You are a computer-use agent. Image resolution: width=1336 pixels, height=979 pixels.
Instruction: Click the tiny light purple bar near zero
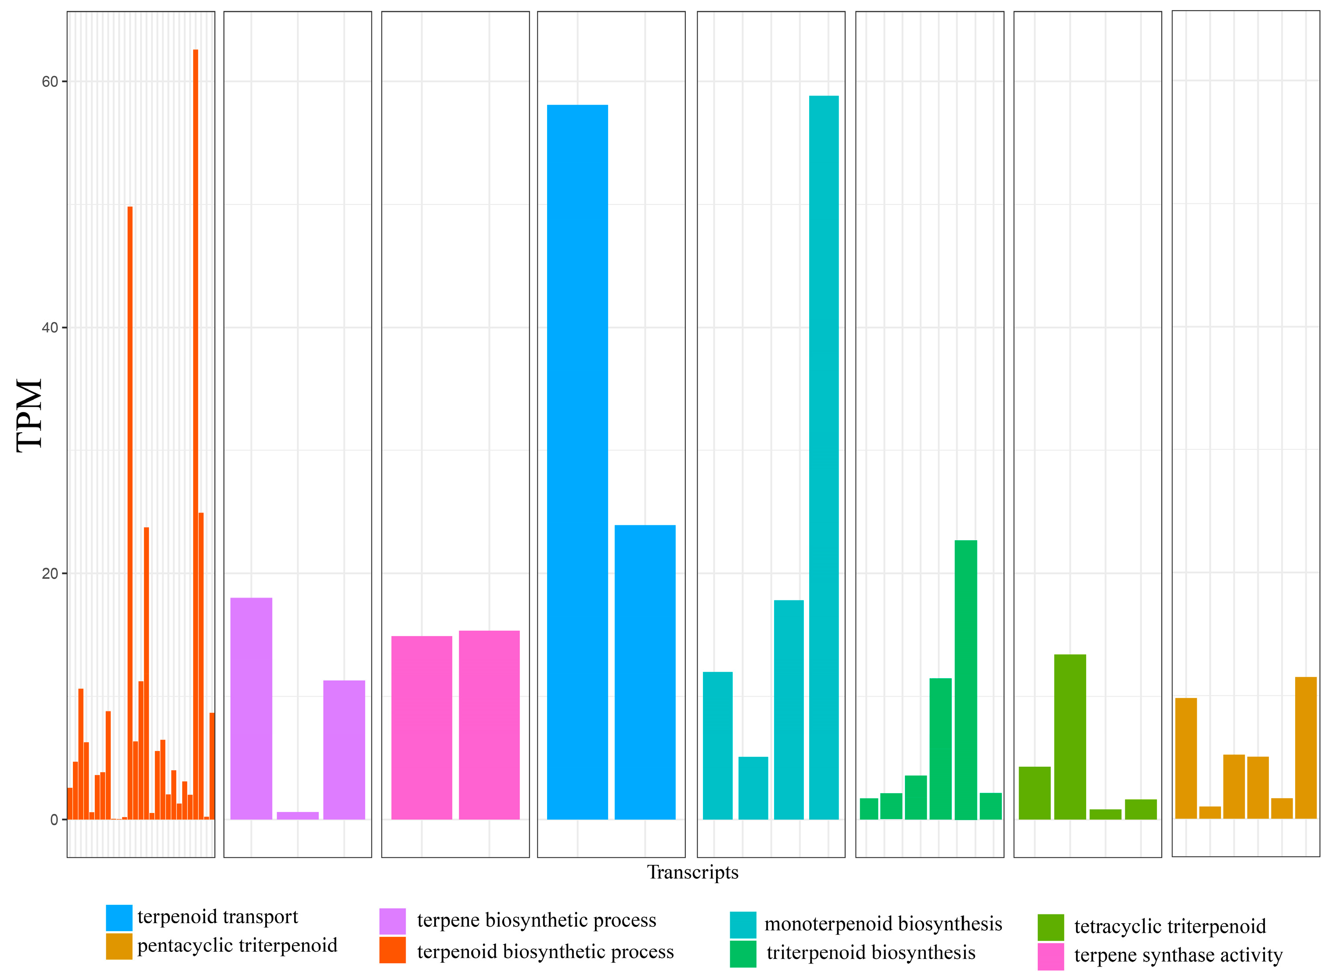(297, 816)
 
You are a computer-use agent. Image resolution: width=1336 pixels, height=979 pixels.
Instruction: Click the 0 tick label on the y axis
(54, 820)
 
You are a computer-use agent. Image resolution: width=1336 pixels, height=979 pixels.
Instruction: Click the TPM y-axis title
(29, 416)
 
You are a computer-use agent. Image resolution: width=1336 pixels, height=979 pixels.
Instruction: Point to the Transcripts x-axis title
(693, 872)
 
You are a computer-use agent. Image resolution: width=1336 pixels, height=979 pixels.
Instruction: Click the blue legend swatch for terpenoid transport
(119, 918)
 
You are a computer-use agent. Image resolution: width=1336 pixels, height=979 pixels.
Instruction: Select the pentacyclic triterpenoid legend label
(237, 945)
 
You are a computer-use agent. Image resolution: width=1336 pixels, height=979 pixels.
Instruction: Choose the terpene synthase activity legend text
(1178, 955)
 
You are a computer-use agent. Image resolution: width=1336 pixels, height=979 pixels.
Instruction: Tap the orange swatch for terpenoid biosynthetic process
(392, 950)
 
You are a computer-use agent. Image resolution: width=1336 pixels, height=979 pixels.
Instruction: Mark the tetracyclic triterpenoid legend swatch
(1051, 928)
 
